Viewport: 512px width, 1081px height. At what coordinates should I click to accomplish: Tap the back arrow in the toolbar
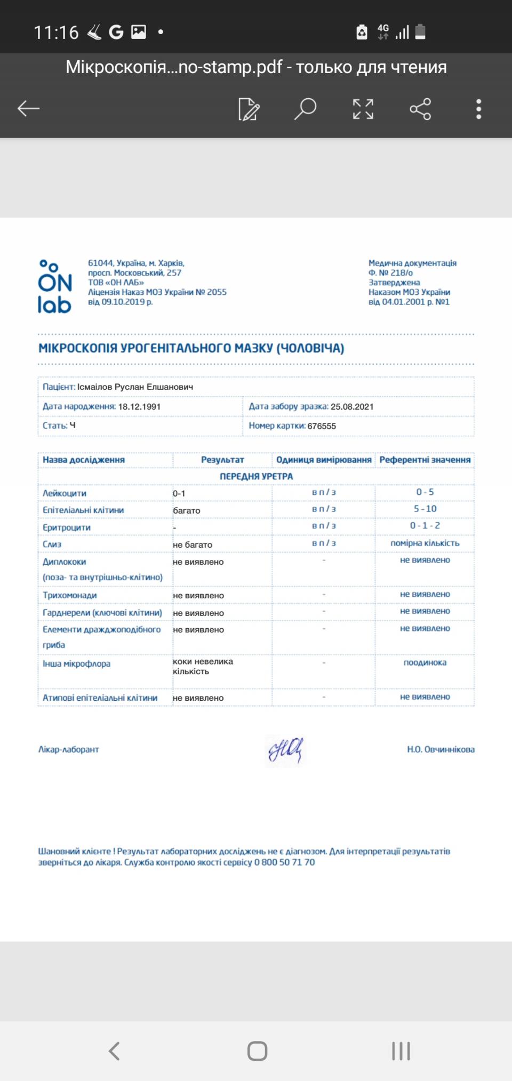[29, 109]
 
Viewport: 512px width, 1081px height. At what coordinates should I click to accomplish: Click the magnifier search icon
[306, 109]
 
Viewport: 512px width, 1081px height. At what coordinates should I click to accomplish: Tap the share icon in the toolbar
[420, 109]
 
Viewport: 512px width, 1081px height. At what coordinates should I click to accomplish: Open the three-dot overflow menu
[478, 109]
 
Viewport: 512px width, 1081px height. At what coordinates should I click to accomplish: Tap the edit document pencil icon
[249, 109]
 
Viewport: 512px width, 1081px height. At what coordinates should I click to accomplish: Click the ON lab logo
[54, 286]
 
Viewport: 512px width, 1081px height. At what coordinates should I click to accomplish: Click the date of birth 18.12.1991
[139, 406]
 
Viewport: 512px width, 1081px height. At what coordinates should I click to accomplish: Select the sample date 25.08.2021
[352, 406]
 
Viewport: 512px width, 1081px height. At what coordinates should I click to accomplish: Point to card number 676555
[322, 426]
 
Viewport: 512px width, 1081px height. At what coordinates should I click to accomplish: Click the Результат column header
[222, 460]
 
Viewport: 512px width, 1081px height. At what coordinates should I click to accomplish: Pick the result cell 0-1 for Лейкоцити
[179, 493]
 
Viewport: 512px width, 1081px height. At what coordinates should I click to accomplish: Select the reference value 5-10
[425, 509]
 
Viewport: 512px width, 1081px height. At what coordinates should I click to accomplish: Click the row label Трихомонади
[70, 595]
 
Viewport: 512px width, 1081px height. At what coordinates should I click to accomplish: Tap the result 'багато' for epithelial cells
[187, 510]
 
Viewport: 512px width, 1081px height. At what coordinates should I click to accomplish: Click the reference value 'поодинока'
[425, 662]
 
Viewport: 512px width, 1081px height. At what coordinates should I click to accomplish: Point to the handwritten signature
[285, 750]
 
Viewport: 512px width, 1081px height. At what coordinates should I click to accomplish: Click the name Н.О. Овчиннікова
[441, 749]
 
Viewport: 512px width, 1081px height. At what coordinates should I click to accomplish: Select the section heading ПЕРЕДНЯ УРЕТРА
[256, 476]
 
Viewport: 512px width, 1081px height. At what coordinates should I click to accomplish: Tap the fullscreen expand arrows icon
[363, 109]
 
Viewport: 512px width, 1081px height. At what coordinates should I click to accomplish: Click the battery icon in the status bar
[420, 32]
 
